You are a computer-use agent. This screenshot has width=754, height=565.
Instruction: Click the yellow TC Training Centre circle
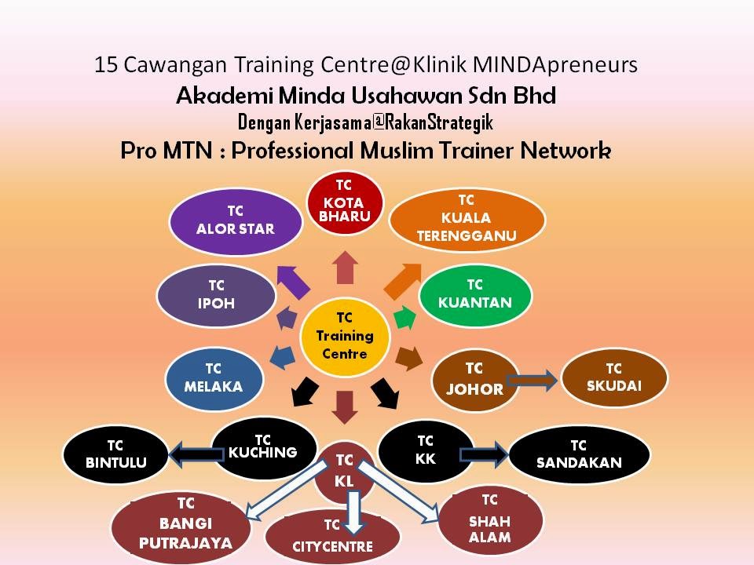point(345,337)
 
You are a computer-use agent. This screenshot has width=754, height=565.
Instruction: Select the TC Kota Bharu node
point(344,201)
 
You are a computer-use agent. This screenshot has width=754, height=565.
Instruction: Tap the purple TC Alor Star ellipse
point(236,221)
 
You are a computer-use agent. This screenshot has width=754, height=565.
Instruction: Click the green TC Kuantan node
point(474,294)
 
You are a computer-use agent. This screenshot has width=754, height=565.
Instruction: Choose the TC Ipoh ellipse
point(216,295)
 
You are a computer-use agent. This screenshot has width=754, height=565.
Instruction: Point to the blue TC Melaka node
point(213,377)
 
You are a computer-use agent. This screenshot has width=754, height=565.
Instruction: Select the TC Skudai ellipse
point(614,377)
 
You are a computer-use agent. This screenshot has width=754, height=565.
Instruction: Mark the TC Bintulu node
point(116,454)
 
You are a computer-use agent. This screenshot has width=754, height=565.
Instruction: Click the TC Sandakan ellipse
point(579,454)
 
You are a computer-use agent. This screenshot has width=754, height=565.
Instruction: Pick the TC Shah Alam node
point(490,519)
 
